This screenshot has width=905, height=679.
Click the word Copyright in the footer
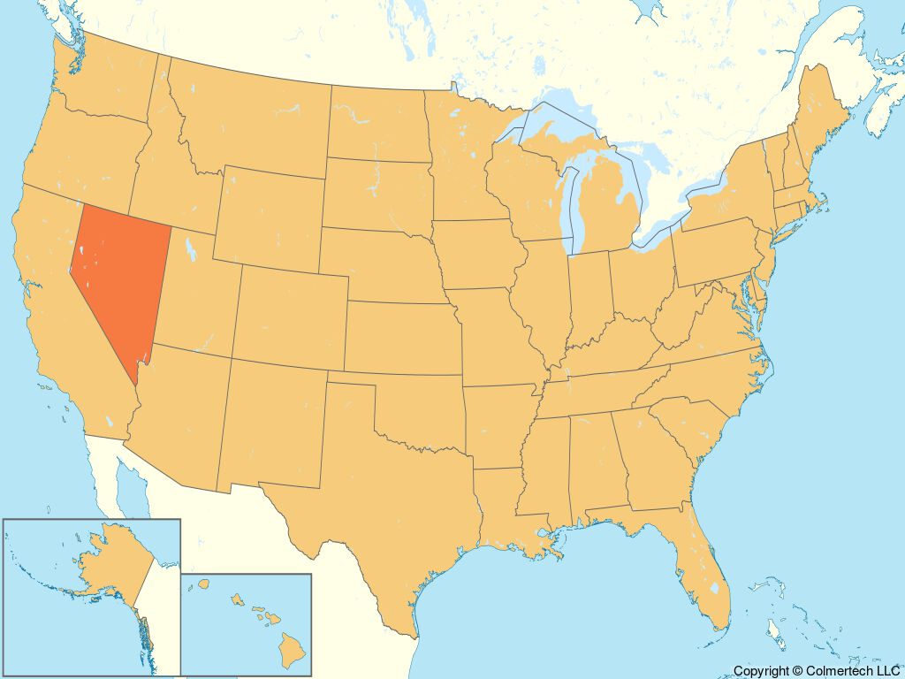[x=761, y=671]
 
